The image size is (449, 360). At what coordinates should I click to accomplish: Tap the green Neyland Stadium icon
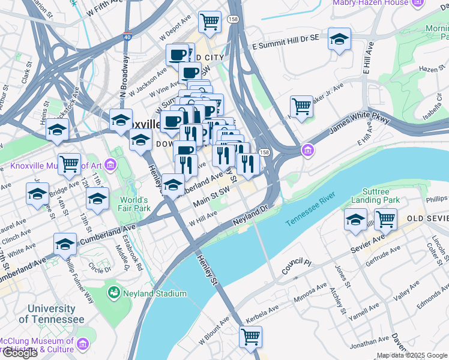pyautogui.click(x=113, y=293)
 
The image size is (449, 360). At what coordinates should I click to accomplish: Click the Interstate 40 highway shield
pyautogui.click(x=127, y=36)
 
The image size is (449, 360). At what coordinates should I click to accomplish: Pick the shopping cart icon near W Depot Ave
pyautogui.click(x=209, y=22)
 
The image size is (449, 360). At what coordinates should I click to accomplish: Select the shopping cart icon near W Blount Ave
pyautogui.click(x=250, y=336)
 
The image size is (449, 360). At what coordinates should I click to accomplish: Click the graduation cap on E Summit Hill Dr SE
pyautogui.click(x=340, y=39)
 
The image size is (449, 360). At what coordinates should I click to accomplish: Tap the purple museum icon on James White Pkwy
pyautogui.click(x=308, y=149)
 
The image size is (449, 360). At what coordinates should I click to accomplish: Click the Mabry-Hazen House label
pyautogui.click(x=370, y=3)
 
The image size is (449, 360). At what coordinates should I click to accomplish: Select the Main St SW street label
pyautogui.click(x=212, y=198)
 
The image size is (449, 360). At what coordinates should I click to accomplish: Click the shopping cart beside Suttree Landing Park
pyautogui.click(x=384, y=219)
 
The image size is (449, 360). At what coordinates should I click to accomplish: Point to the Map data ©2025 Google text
pyautogui.click(x=412, y=355)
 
